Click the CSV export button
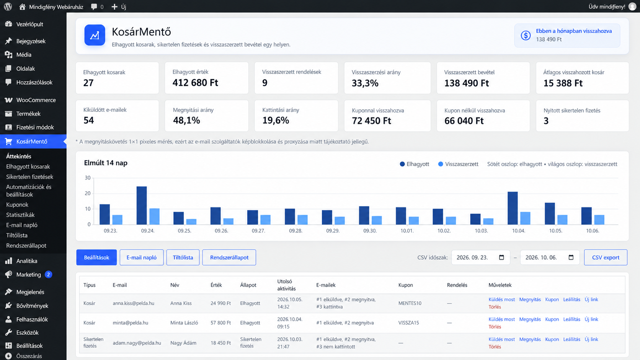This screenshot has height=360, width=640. (606, 257)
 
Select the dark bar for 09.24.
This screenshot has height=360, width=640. (141, 205)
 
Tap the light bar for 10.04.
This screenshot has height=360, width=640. (525, 218)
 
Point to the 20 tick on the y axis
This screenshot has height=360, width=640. (87, 193)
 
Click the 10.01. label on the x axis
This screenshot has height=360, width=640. (407, 231)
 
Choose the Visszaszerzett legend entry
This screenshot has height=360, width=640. (458, 164)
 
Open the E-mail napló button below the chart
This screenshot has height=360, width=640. (141, 257)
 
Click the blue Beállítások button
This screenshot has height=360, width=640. (96, 257)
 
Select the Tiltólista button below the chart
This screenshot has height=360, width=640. (183, 257)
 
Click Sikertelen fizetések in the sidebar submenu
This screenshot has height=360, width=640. (30, 177)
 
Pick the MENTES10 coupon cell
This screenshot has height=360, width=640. (410, 303)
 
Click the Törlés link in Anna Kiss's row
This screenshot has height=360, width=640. (495, 307)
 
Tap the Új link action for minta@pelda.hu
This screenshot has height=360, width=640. (591, 319)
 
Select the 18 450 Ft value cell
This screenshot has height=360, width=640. (220, 343)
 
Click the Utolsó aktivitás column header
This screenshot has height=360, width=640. (286, 285)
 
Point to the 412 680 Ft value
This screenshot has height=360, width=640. (195, 83)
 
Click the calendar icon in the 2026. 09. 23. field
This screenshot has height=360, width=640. (501, 257)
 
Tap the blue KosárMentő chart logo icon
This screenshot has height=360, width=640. (95, 35)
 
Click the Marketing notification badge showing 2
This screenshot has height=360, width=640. (49, 274)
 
